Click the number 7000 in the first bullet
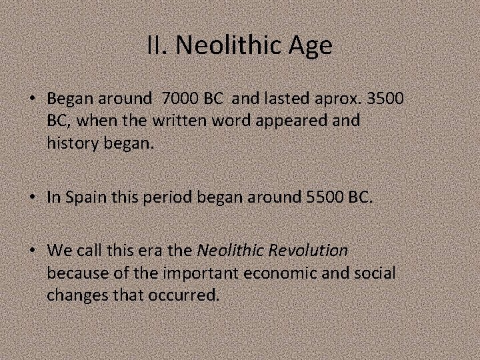point(181,98)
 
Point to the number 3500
point(385,98)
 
